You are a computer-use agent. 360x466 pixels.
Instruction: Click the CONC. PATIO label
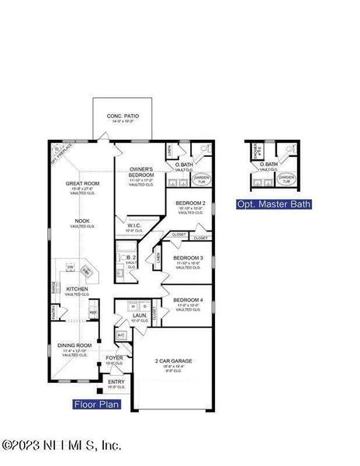point(120,116)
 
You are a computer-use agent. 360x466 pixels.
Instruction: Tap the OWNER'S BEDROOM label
point(141,172)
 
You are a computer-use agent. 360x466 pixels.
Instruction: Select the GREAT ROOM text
point(80,183)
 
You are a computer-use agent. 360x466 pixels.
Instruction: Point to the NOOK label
point(82,221)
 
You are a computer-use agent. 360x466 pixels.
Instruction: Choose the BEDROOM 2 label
point(190,203)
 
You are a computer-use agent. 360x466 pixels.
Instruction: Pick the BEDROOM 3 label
point(188,258)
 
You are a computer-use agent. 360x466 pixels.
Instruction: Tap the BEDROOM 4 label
point(188,300)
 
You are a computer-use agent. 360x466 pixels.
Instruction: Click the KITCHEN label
point(77,289)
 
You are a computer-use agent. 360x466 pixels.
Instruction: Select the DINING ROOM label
point(75,345)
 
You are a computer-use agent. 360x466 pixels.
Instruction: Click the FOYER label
point(114,358)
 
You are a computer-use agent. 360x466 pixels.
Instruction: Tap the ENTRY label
point(116,381)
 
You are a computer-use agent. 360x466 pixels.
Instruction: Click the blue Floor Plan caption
point(97,404)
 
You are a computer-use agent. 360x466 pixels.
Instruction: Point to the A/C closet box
point(121,335)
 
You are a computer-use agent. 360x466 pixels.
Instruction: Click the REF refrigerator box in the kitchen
point(93,312)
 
